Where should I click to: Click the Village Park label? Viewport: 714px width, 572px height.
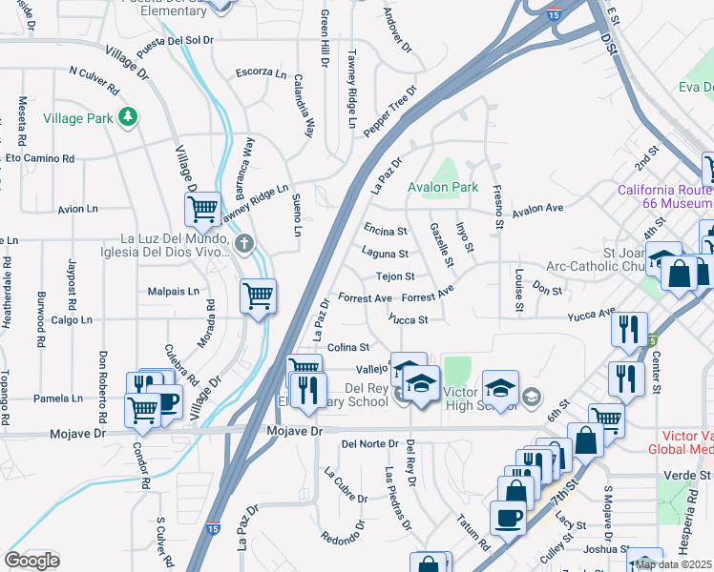click(x=77, y=119)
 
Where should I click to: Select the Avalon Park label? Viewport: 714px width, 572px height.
click(x=443, y=188)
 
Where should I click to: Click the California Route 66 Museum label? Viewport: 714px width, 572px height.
click(x=664, y=196)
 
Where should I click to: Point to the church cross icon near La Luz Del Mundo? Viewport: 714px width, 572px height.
click(x=244, y=243)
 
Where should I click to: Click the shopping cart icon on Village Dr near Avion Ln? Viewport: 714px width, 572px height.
click(x=202, y=208)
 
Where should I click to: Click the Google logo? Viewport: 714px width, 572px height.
click(x=31, y=561)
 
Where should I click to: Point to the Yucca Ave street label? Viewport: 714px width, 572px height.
click(x=592, y=314)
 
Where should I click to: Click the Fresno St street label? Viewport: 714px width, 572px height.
click(x=498, y=208)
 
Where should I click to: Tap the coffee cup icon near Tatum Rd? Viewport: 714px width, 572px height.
click(x=507, y=518)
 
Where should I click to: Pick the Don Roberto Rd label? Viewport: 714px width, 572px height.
click(x=102, y=386)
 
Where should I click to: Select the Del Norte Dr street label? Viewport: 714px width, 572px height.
click(x=368, y=443)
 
